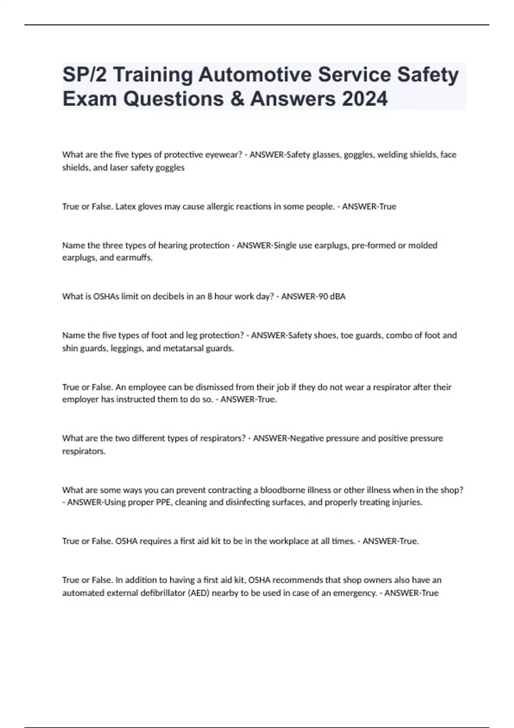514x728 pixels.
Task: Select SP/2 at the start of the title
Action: (84, 75)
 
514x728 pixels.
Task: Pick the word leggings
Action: (126, 348)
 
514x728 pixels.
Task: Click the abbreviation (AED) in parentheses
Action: (199, 593)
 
